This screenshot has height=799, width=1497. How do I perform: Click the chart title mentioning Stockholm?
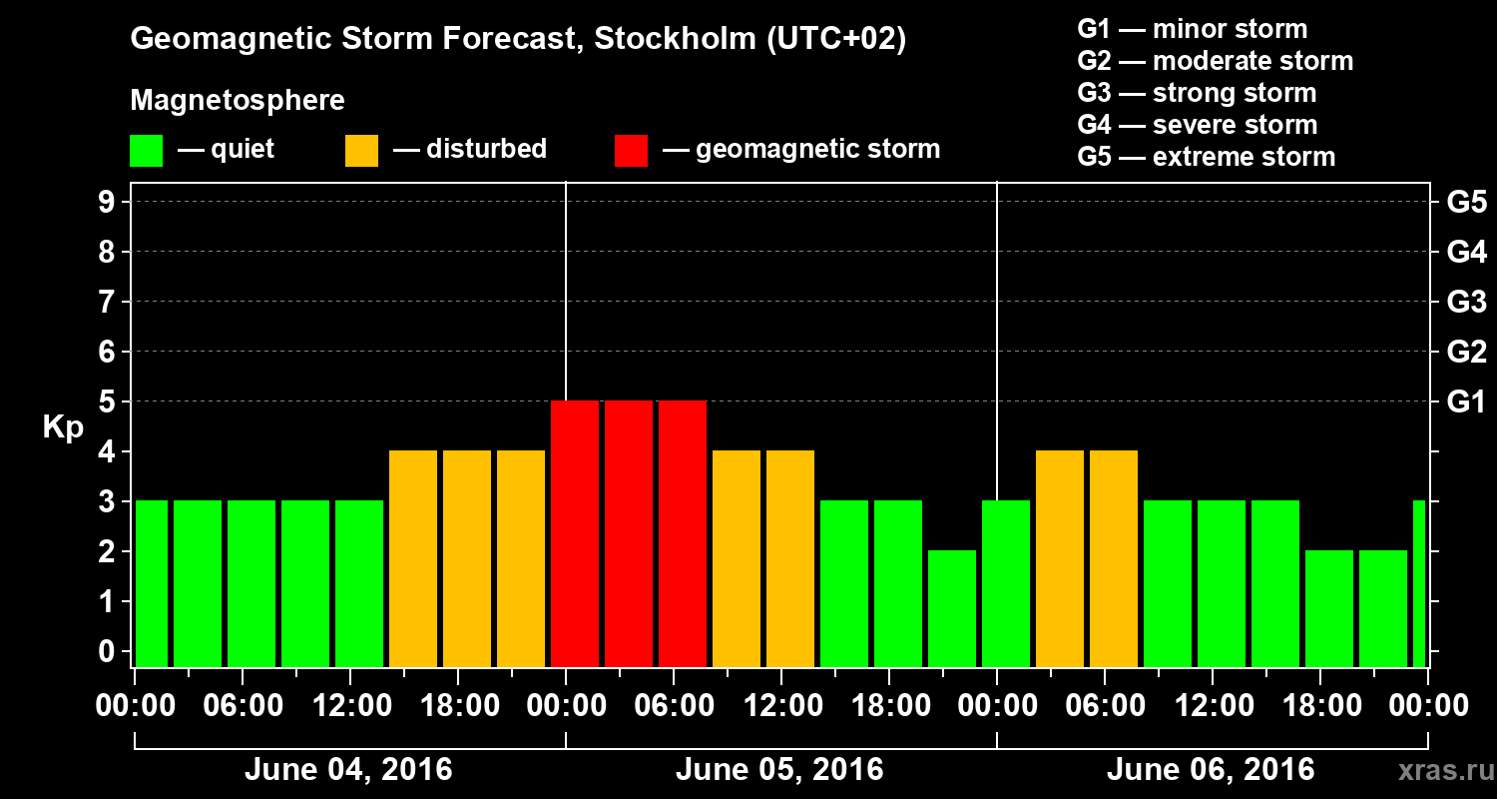click(x=518, y=40)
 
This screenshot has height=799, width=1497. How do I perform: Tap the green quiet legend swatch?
click(x=146, y=151)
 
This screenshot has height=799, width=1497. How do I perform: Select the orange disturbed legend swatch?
click(x=361, y=151)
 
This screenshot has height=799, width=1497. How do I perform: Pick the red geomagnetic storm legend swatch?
click(x=631, y=151)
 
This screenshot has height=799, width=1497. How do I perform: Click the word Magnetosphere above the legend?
click(x=238, y=101)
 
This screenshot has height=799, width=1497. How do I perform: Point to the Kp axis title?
click(x=63, y=427)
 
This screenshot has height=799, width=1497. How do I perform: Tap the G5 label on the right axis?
click(x=1466, y=203)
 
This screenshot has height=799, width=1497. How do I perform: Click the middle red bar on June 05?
click(x=629, y=533)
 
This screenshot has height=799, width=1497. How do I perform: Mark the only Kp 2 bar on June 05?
click(x=952, y=608)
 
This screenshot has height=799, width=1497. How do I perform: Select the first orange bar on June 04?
click(x=413, y=558)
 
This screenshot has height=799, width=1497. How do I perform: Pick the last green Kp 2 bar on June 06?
click(x=1383, y=608)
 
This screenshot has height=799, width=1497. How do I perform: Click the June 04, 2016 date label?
click(x=348, y=770)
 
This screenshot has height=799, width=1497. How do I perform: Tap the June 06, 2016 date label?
click(x=1211, y=770)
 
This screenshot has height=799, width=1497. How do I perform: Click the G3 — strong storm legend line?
click(x=1197, y=93)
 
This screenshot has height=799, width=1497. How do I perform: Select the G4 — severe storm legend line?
click(x=1198, y=125)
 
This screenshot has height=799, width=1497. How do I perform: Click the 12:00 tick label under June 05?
click(x=781, y=706)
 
